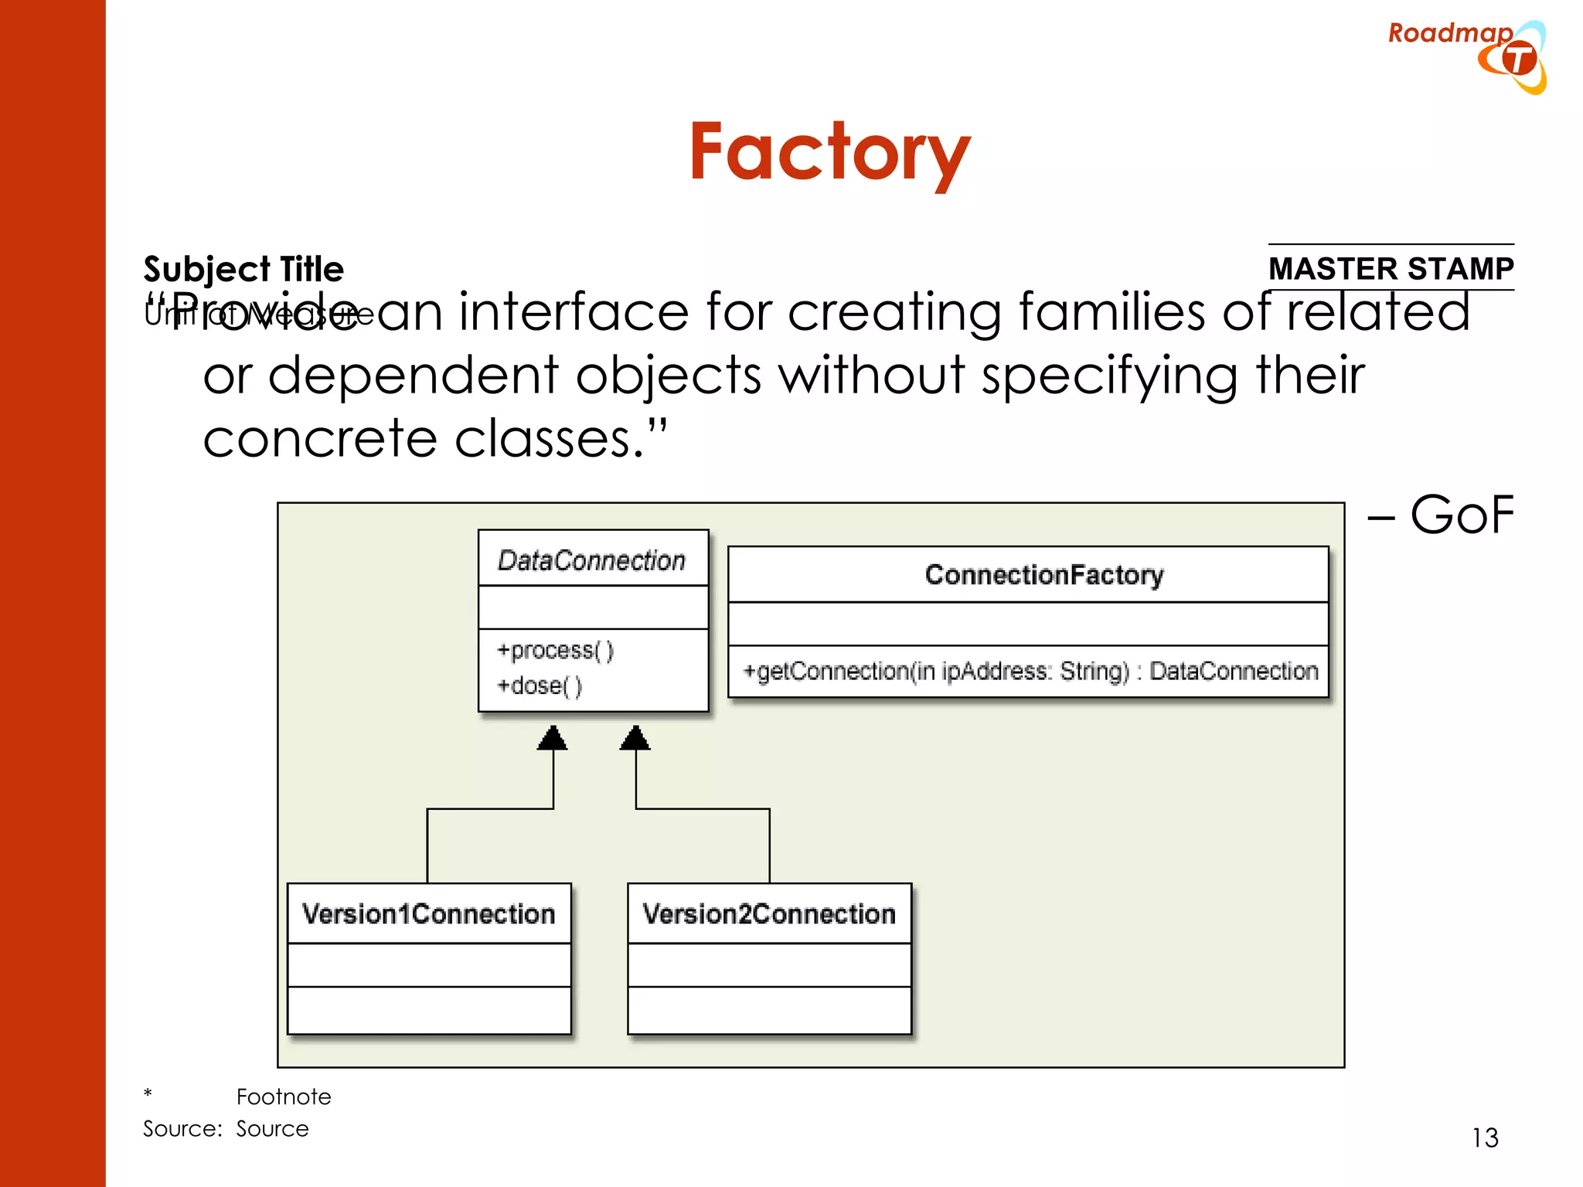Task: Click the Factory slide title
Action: click(829, 152)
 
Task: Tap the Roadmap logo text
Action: click(1449, 33)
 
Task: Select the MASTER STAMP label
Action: click(1391, 268)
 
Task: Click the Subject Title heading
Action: click(243, 269)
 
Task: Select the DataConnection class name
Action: click(591, 560)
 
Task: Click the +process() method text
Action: click(555, 650)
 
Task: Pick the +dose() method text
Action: click(539, 685)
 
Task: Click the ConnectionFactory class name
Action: click(1043, 575)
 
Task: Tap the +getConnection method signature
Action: click(1030, 671)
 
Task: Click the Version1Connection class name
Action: click(428, 913)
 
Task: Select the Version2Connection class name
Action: click(769, 913)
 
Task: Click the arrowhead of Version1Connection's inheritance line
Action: click(552, 738)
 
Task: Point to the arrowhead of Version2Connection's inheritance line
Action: click(635, 738)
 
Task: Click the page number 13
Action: click(1484, 1138)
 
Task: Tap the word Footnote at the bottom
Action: click(284, 1097)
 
